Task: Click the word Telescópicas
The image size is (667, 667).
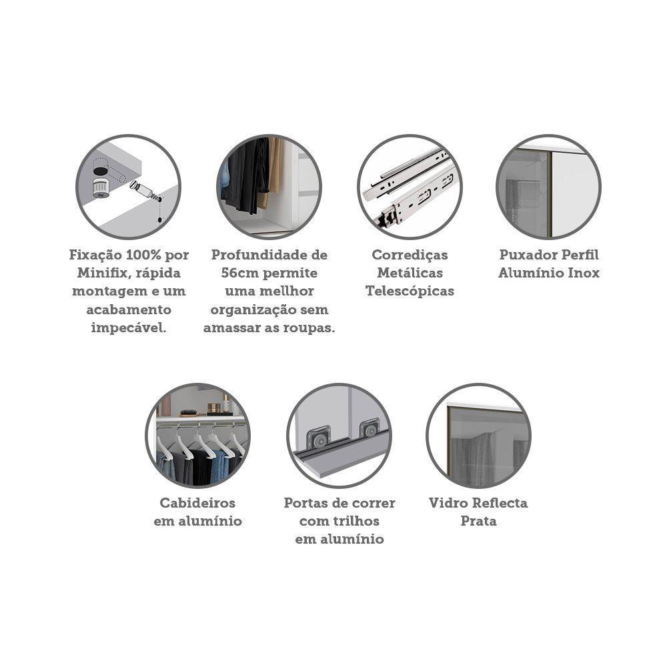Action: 410,291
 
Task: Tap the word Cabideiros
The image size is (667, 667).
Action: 197,503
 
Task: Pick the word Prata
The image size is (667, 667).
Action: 478,521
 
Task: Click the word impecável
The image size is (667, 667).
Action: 129,328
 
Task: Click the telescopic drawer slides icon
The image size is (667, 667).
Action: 410,187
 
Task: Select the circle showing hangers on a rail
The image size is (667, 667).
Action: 197,435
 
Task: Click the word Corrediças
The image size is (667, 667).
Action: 410,255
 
